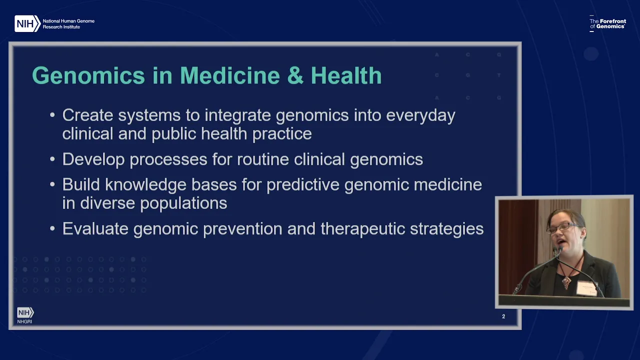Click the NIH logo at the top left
click(27, 23)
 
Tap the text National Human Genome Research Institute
click(68, 24)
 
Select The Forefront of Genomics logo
click(607, 23)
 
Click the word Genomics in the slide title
click(88, 75)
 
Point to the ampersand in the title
click(295, 75)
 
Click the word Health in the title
click(346, 75)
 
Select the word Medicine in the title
click(229, 75)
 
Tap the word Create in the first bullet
click(87, 115)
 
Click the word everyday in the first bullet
click(420, 116)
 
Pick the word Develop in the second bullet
click(93, 159)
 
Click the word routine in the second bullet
click(263, 159)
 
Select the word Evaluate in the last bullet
click(95, 229)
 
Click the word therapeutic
click(363, 229)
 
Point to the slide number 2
click(503, 316)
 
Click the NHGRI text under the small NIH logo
click(24, 321)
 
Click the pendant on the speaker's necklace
click(566, 282)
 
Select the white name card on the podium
click(587, 288)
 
